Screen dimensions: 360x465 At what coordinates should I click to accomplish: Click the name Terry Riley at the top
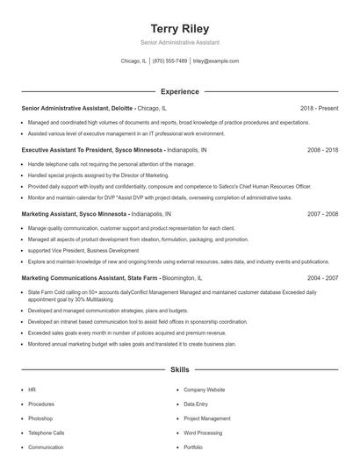(x=179, y=29)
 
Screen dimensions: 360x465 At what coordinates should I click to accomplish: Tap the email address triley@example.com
(x=216, y=61)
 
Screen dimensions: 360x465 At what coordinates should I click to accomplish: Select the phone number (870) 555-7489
(x=169, y=61)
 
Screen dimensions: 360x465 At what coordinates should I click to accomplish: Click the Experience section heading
(x=179, y=91)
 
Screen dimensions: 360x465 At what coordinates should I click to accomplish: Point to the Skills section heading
(x=179, y=371)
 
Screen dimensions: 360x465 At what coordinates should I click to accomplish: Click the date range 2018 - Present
(x=319, y=108)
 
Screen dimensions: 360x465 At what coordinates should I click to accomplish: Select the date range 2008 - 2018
(x=322, y=150)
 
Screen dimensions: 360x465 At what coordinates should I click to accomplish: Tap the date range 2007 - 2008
(x=322, y=213)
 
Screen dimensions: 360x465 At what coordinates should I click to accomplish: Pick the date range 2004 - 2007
(x=322, y=276)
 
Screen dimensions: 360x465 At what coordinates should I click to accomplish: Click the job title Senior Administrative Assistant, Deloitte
(x=77, y=108)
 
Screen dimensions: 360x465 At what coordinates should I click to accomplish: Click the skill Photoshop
(x=42, y=418)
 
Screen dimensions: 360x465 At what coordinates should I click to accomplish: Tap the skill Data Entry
(x=196, y=404)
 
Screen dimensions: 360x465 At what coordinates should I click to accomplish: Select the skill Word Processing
(x=202, y=433)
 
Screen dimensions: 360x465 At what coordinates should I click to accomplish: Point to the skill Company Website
(x=204, y=390)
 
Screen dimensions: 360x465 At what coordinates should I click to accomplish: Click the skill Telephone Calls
(x=47, y=433)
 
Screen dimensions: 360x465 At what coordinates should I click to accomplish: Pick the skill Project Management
(x=206, y=418)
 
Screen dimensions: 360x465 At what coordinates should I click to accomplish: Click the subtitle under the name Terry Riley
(x=179, y=42)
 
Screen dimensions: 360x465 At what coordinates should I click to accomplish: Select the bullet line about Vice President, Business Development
(x=79, y=250)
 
